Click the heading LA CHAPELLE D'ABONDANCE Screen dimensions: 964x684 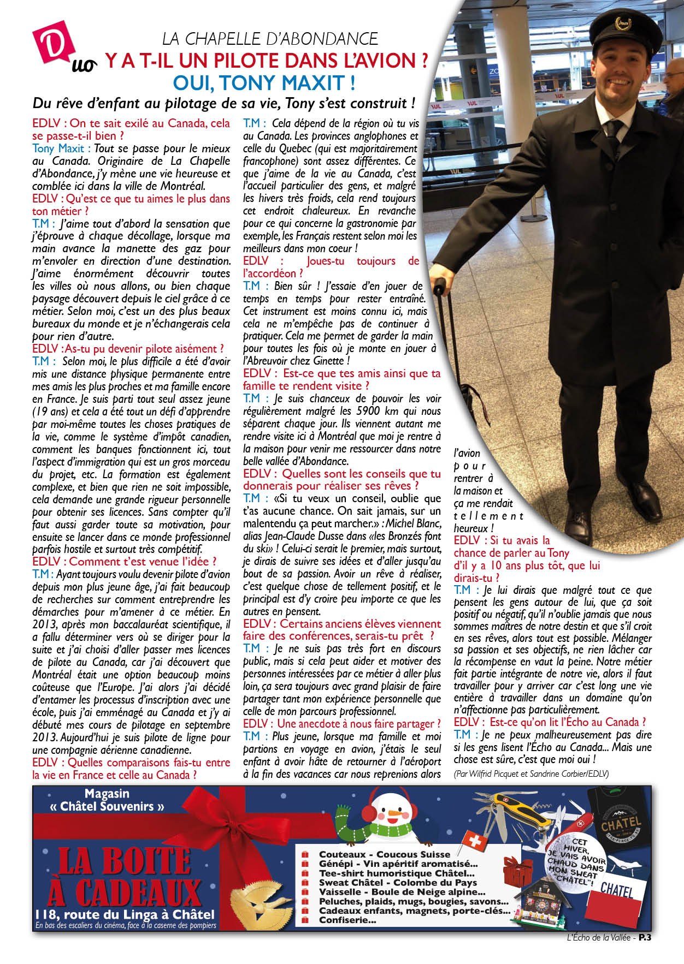click(x=270, y=39)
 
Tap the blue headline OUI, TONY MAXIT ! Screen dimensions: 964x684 click(x=264, y=83)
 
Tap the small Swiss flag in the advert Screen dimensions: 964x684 click(x=474, y=841)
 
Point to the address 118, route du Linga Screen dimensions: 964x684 click(x=125, y=914)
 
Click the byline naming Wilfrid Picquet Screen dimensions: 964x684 click(x=531, y=773)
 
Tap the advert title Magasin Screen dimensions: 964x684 click(x=107, y=794)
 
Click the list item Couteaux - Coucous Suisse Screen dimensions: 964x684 click(x=385, y=854)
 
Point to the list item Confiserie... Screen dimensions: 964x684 click(x=347, y=920)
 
